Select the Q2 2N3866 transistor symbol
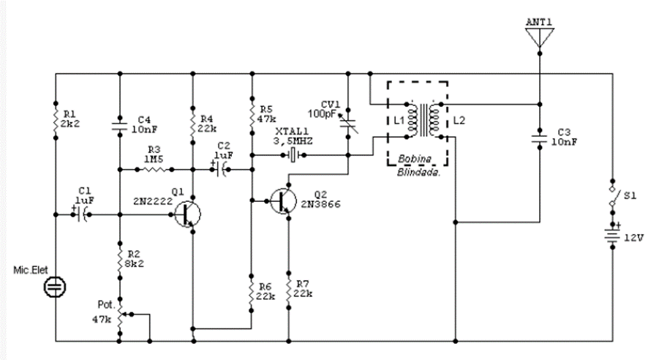[x=284, y=200]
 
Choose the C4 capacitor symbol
[x=118, y=125]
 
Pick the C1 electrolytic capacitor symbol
[x=82, y=214]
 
